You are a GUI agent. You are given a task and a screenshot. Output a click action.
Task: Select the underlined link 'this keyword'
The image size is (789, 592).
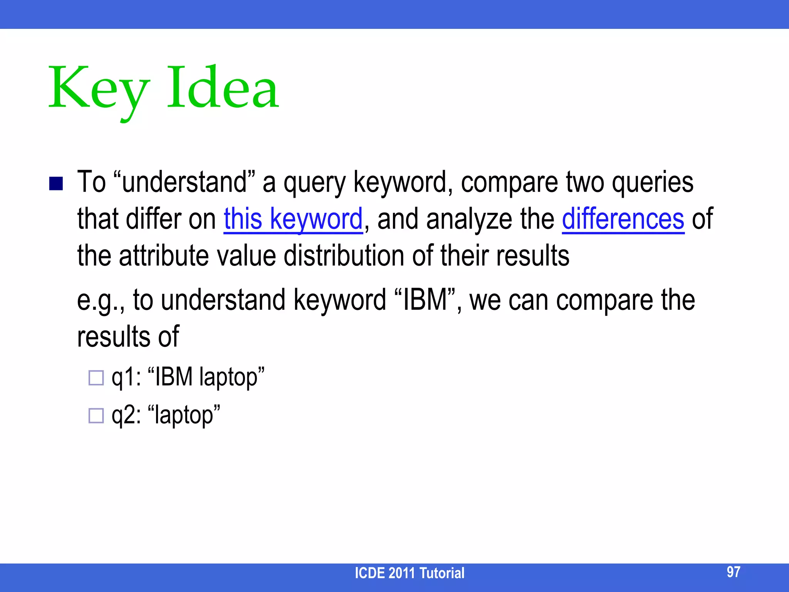point(293,219)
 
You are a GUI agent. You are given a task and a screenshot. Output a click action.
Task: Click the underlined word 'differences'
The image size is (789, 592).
point(623,219)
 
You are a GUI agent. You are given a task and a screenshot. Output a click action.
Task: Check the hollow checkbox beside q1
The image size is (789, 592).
point(96,378)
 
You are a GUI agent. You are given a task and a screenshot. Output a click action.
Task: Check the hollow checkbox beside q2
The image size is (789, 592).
point(96,415)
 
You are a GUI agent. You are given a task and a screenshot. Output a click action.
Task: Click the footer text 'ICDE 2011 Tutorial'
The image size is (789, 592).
point(409,573)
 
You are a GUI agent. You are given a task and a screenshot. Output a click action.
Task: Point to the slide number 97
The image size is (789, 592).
point(733,572)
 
